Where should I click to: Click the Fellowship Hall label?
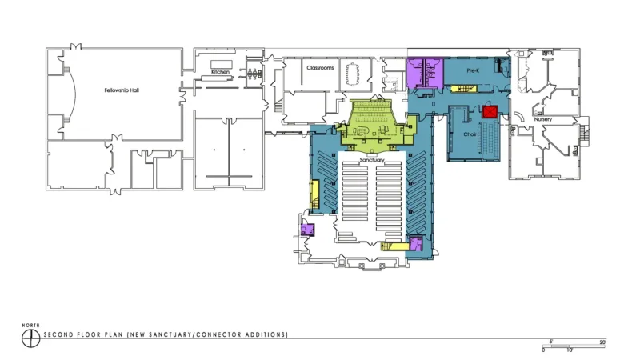point(122,90)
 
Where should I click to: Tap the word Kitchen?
point(221,72)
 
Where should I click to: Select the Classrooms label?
point(321,68)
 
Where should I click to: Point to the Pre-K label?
point(473,70)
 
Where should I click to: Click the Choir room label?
point(470,134)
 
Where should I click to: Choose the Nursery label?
point(543,119)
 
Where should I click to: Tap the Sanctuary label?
point(372,160)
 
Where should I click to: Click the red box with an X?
point(490,112)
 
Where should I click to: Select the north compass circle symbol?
point(30,338)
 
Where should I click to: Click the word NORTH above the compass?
point(31,326)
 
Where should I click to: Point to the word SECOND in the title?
point(58,334)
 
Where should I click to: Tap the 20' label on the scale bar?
point(602,342)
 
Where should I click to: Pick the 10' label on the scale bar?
point(570,350)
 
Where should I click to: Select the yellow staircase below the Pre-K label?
point(463,89)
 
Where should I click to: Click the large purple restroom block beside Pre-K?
point(425,73)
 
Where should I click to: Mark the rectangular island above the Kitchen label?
point(222,65)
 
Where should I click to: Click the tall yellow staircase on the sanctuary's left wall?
point(314,196)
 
